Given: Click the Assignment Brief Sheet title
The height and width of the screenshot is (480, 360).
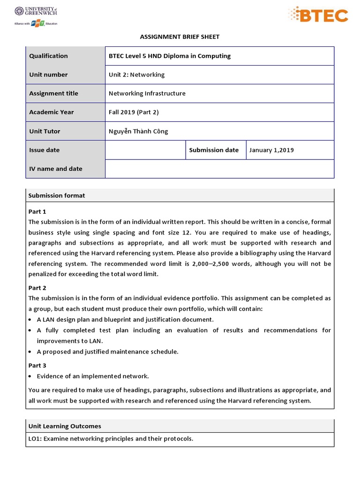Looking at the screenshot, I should coord(180,37).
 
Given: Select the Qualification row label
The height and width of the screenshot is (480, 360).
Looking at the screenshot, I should coord(48,56).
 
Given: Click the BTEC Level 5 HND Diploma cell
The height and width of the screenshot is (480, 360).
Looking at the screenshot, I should coord(170,56).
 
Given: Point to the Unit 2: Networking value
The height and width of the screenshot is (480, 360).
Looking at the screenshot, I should coord(136,75).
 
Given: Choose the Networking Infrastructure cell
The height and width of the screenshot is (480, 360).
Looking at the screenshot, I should coord(147,93).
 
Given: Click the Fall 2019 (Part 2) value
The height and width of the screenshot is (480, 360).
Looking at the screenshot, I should coord(134,112).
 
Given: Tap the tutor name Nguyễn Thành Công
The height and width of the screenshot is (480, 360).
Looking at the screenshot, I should coord(138,131).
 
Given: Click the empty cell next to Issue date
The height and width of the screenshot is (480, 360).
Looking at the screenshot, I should coord(145,150).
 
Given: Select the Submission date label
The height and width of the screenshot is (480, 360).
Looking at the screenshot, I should coord(214,150).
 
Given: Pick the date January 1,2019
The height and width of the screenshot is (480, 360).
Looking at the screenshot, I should coord(271,150).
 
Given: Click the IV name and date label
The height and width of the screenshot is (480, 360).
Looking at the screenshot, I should coord(56,169).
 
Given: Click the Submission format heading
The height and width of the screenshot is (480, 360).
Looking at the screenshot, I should coord(57,195).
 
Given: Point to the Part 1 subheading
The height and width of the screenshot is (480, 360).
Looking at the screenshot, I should coord(37,211).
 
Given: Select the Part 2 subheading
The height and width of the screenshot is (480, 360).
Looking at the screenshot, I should coord(37,288).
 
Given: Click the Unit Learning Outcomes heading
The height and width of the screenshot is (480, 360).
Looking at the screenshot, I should coord(65,426).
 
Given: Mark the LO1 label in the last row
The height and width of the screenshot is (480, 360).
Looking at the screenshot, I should coord(35,439).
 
